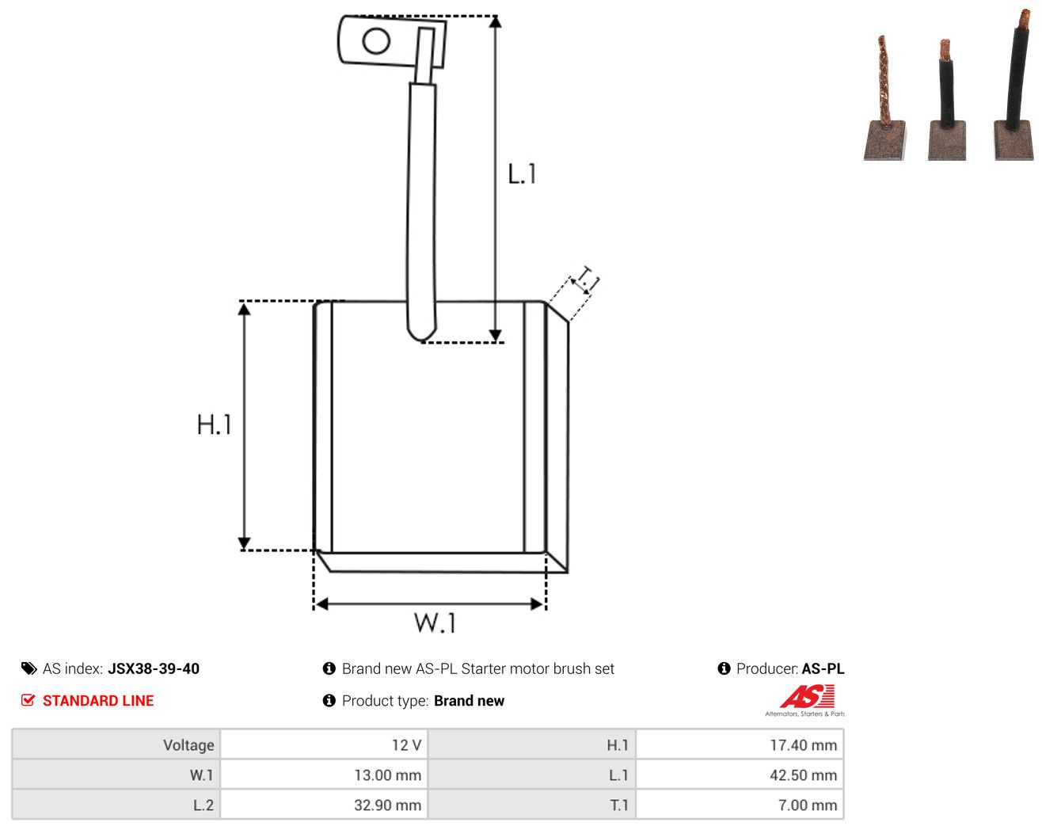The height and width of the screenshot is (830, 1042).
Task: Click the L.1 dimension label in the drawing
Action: (x=522, y=174)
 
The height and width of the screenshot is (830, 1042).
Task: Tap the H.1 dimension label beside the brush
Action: (x=214, y=425)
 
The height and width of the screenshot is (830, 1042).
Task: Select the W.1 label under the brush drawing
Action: (x=435, y=622)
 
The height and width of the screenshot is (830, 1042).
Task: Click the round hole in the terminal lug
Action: (x=376, y=40)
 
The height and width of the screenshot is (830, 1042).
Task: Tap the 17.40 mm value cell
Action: (x=739, y=744)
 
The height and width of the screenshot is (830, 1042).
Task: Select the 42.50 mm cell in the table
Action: (x=739, y=775)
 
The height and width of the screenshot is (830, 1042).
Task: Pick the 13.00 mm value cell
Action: (x=323, y=775)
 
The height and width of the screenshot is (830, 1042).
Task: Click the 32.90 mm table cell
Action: (x=323, y=805)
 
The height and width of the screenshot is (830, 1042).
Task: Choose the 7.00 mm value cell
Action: (x=739, y=805)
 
